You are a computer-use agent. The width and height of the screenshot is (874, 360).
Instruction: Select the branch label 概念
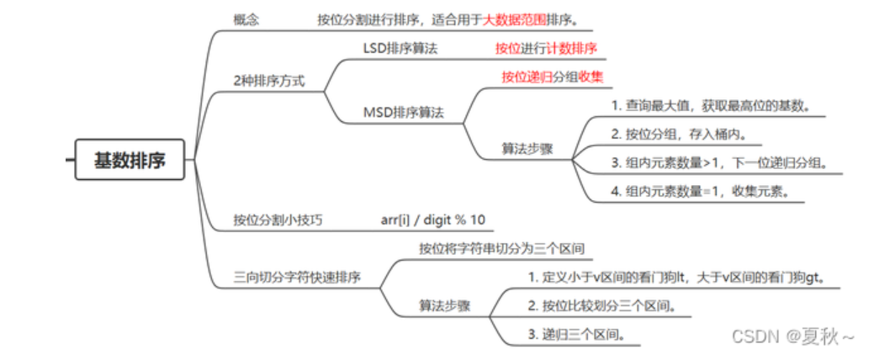click(246, 19)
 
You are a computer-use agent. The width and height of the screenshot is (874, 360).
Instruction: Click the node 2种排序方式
click(268, 81)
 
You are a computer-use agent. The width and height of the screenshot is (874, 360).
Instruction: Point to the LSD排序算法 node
click(400, 48)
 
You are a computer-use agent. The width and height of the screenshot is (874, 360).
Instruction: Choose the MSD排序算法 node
click(403, 111)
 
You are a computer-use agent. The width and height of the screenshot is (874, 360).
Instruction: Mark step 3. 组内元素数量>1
click(723, 162)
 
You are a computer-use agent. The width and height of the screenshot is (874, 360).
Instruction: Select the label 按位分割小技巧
click(278, 220)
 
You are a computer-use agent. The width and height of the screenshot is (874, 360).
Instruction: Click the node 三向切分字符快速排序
click(297, 277)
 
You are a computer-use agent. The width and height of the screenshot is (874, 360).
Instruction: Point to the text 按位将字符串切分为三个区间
click(501, 248)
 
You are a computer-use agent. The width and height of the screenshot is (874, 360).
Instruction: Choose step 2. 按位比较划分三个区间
click(601, 305)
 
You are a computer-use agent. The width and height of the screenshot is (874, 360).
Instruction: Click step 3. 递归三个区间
click(575, 334)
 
